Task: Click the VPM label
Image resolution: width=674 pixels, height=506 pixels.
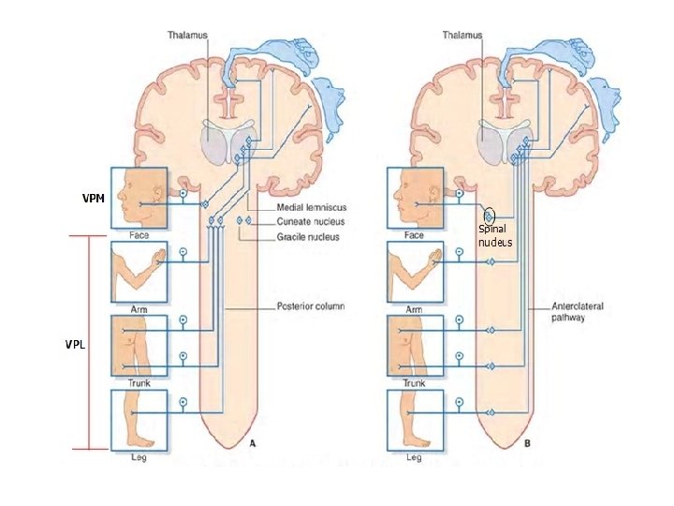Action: click(93, 199)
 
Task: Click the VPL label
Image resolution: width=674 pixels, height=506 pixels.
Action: click(76, 345)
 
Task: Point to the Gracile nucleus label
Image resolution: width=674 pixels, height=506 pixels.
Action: click(308, 237)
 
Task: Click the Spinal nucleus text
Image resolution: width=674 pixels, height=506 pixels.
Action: click(495, 235)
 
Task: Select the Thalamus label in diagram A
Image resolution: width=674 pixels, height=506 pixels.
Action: click(187, 36)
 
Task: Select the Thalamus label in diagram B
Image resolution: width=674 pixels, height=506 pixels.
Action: click(462, 36)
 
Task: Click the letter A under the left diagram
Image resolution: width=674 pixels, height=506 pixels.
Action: click(251, 442)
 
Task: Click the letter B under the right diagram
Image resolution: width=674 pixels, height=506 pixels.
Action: click(528, 442)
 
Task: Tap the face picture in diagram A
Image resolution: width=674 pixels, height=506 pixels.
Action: click(139, 197)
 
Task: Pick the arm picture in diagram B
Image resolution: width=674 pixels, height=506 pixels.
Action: click(415, 271)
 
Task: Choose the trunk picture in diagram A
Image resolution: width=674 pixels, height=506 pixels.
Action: click(139, 346)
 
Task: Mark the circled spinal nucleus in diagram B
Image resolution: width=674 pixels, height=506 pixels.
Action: click(489, 217)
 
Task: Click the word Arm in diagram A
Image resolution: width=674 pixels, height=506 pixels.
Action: click(139, 309)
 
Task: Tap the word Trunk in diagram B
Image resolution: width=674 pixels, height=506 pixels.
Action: click(414, 383)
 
